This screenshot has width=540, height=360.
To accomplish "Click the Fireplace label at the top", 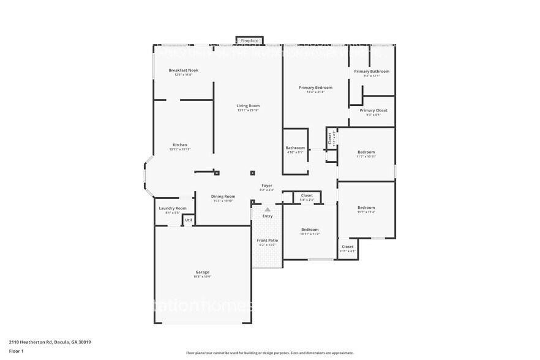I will pos(249,41).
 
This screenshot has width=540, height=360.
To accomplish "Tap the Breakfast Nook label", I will pos(183,70).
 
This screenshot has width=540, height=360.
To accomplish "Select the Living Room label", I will pos(248,106).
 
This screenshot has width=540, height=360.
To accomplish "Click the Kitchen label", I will pos(179,145).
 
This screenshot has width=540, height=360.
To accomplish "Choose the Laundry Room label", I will pos(172,208).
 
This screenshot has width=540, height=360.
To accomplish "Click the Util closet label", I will pos(189,220).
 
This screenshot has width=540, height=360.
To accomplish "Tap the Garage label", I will pos(202,272).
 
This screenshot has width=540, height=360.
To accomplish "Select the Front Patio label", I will pos(267,240).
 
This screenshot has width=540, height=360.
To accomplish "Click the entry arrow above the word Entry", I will pos(268,209).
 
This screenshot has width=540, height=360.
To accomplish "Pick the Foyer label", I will pos(267,186).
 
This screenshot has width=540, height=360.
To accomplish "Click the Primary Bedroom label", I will pos(315,88).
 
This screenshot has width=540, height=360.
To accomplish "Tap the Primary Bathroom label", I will pos(372,71).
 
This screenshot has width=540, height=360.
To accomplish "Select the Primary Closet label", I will pos(373,110).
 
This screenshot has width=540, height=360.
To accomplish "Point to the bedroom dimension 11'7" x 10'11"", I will pos(366,157).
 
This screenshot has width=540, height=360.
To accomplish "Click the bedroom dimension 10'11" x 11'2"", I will pos(310,234).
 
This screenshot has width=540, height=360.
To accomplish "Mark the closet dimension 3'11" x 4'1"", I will pos(347,251).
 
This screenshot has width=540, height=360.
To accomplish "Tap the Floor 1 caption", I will pos(16,351).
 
